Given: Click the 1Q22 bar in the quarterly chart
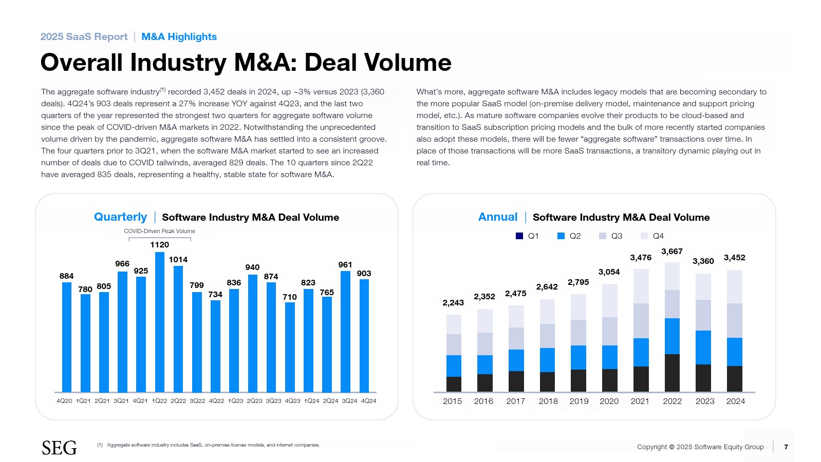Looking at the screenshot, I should click(x=160, y=322).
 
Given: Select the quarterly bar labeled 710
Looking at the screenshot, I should click(x=290, y=347).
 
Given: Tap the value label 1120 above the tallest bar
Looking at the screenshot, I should click(x=160, y=245).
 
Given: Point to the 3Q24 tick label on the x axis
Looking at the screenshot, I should click(x=349, y=401).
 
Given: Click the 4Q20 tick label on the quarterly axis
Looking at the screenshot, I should click(x=64, y=401).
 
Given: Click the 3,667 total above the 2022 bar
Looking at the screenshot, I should click(x=671, y=252).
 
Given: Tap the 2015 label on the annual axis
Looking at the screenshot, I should click(x=452, y=401).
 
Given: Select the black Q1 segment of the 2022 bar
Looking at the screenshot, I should click(x=672, y=373).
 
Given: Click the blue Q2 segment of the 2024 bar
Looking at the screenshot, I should click(x=734, y=352).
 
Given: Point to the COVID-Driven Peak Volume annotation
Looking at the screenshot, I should click(x=159, y=231).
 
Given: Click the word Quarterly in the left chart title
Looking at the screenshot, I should click(x=120, y=217).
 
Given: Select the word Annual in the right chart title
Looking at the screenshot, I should click(x=497, y=217).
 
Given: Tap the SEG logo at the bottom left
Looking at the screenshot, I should click(x=59, y=448).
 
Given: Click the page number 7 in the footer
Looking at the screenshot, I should click(x=786, y=447).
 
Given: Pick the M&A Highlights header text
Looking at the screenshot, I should click(x=179, y=37).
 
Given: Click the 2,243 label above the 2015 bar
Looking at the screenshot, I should click(x=453, y=303).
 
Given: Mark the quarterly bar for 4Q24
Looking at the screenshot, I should click(x=364, y=336).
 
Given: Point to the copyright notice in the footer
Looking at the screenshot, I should click(x=700, y=447).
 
